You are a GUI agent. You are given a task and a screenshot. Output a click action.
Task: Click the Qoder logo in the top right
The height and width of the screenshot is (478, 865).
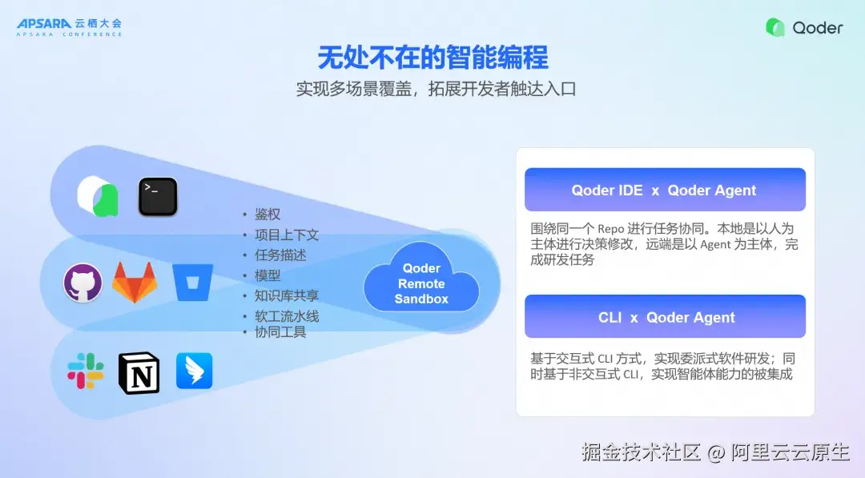click(804, 27)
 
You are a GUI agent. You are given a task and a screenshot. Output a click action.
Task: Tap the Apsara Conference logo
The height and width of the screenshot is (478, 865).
click(69, 27)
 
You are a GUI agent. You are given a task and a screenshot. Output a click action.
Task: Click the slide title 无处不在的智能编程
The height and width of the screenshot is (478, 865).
click(433, 58)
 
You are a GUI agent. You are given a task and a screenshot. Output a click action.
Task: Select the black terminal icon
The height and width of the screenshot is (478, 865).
click(158, 196)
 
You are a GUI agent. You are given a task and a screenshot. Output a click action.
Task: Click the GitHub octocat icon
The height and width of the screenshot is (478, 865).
click(82, 283)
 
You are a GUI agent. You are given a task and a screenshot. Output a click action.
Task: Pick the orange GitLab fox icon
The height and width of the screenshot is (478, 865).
click(135, 282)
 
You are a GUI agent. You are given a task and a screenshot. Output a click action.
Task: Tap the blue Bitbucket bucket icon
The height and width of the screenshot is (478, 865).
click(192, 283)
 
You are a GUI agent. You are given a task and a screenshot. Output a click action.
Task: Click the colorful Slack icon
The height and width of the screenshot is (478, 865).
click(86, 371)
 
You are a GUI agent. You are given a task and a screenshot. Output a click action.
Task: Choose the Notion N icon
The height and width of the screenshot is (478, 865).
click(139, 372)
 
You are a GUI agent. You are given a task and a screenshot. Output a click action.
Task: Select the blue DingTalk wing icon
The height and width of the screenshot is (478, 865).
click(194, 371)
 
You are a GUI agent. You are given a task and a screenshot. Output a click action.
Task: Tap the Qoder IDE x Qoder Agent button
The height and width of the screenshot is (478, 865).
click(665, 190)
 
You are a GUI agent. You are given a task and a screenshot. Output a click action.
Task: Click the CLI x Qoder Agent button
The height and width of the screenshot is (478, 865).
click(665, 316)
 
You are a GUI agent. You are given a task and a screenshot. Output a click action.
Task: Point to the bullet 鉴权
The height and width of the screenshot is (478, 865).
click(268, 214)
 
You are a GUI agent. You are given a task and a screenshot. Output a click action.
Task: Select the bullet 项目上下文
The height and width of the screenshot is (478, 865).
click(287, 235)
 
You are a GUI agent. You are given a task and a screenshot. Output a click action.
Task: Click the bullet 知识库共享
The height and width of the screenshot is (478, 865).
click(287, 295)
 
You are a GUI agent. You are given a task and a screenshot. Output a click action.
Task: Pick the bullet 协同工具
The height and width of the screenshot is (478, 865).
click(280, 332)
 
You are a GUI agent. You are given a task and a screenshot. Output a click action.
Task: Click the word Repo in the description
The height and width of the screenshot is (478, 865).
click(610, 229)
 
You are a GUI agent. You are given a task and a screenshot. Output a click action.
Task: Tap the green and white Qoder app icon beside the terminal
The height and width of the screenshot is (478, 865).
click(99, 196)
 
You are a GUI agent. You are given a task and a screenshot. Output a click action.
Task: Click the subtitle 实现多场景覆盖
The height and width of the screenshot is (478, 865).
click(354, 89)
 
